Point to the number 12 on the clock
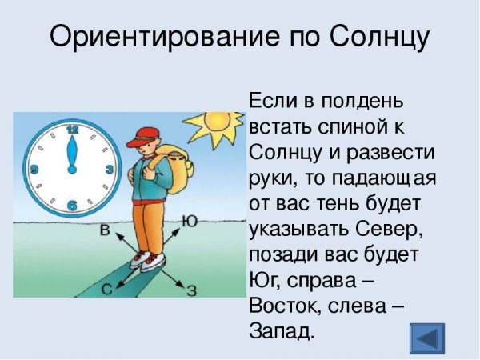coord(73,128)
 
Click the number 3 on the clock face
coord(109,170)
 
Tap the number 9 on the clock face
coord(34,170)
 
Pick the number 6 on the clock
coord(72,206)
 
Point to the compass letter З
coord(191,290)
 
